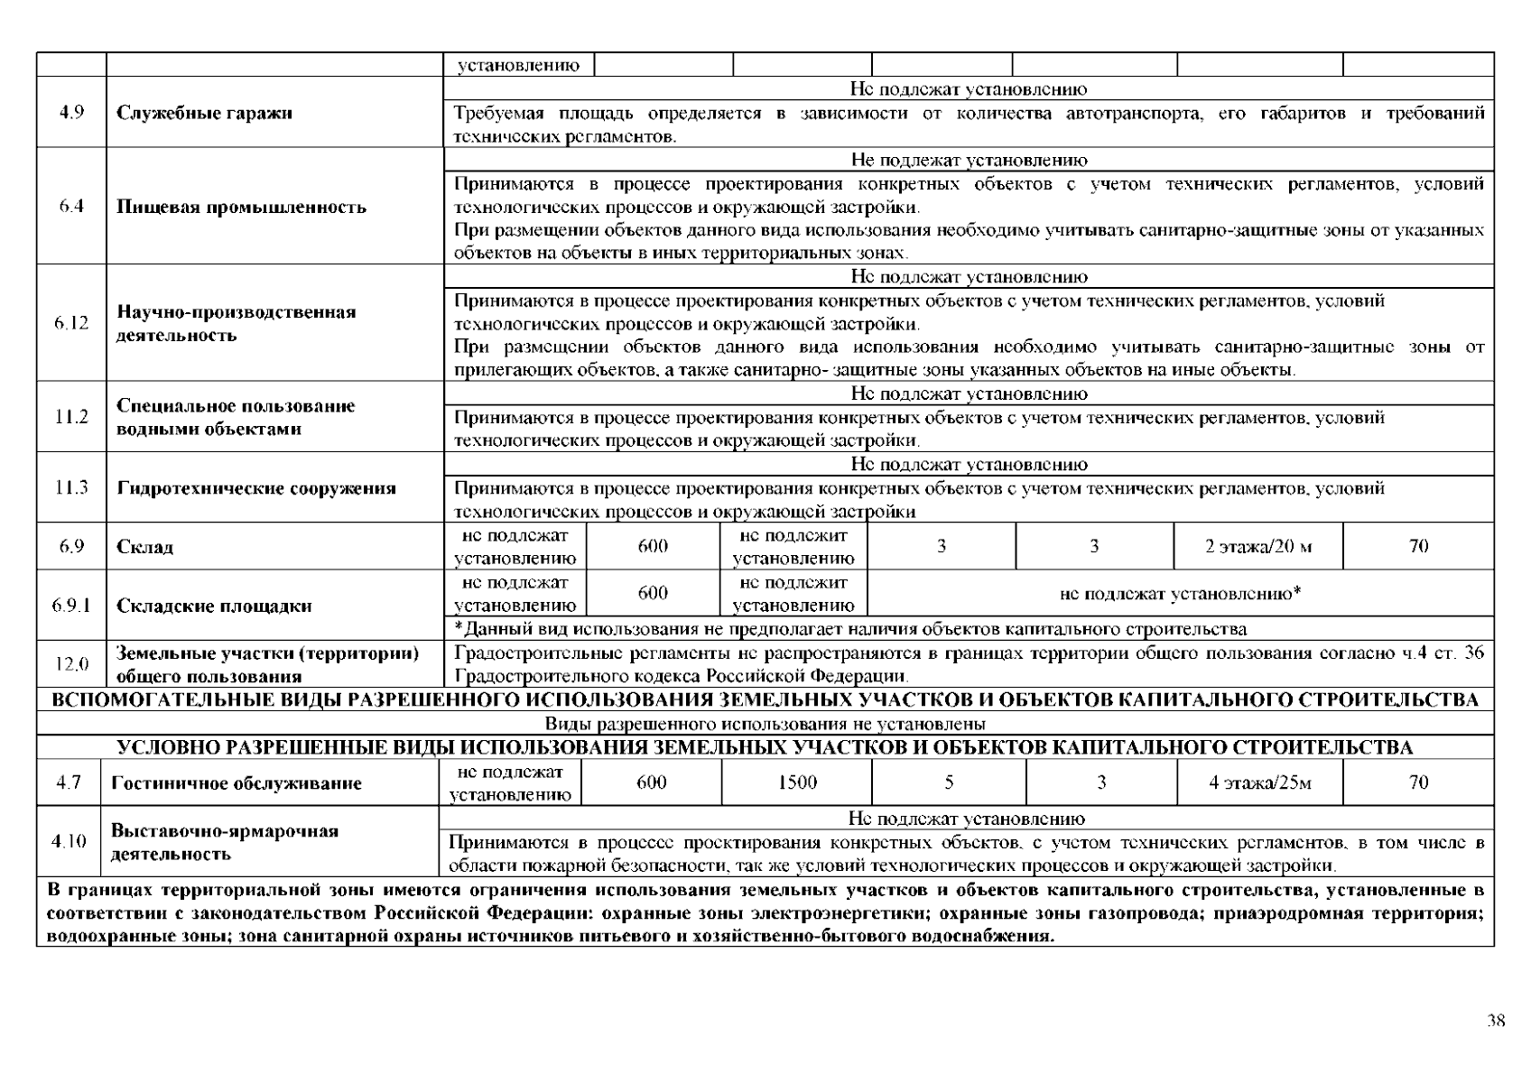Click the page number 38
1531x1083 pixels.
click(1496, 1021)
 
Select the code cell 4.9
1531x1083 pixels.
click(71, 113)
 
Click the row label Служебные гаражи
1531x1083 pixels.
click(205, 114)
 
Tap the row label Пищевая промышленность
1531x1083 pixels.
click(242, 207)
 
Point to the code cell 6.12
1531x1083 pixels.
click(71, 323)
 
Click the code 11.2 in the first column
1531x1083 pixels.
click(71, 417)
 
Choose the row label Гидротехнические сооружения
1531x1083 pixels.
click(256, 488)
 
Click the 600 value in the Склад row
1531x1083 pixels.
click(653, 546)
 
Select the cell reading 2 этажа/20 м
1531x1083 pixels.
click(1258, 546)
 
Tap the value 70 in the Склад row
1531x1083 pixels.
click(1418, 546)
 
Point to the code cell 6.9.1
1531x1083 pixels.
click(71, 605)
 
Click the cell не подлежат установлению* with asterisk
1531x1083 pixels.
click(1180, 594)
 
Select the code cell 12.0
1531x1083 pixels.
click(71, 664)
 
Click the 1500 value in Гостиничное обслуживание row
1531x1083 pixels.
click(797, 782)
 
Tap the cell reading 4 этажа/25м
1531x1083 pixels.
click(1259, 782)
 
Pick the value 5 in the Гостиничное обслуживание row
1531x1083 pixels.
click(949, 782)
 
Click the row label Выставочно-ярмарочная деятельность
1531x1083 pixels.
click(225, 842)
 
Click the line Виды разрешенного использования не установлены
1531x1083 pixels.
click(765, 724)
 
